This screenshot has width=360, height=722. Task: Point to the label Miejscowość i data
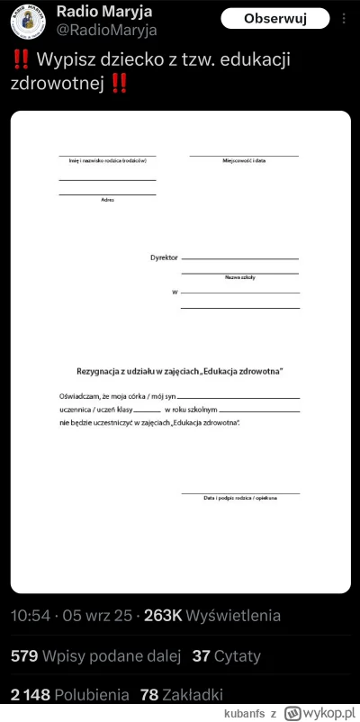244,161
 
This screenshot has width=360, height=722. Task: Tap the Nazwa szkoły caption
240,277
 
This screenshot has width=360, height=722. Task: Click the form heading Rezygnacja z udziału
179,370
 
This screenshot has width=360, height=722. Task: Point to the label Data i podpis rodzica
240,498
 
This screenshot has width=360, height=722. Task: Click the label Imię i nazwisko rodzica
108,161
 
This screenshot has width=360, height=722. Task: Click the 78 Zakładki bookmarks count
151,695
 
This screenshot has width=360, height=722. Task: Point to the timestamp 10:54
31,617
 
